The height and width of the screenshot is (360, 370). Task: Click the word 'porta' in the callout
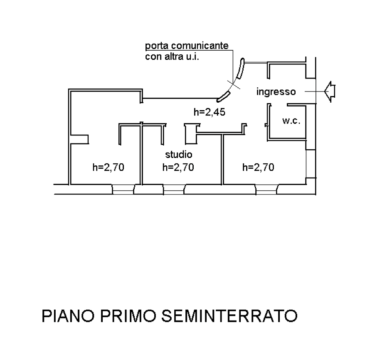[155, 46]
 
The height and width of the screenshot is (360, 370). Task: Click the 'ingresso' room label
[276, 92]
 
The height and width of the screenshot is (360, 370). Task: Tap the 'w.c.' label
[291, 121]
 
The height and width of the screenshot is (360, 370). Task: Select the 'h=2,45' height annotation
[210, 112]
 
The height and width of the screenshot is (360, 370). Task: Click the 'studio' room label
[179, 155]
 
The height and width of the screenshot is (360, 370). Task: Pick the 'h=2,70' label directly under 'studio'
[178, 168]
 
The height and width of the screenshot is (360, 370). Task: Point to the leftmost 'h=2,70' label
[109, 168]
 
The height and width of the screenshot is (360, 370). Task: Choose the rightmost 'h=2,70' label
[258, 168]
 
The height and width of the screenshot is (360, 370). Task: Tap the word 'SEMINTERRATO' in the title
[229, 316]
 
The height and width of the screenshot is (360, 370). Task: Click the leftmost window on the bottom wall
[123, 190]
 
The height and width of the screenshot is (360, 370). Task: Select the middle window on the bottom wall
[174, 190]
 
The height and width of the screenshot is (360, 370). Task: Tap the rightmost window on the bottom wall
[266, 190]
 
